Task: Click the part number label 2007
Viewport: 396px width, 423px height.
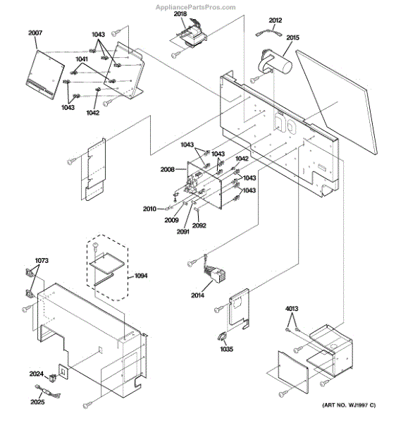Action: [x=35, y=33]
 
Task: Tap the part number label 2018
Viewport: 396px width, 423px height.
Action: [x=180, y=14]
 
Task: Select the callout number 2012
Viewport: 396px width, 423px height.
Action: [x=276, y=20]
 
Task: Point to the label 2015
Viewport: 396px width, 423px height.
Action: [x=292, y=37]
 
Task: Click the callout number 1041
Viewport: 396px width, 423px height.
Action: [x=82, y=59]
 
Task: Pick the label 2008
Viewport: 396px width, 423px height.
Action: [x=168, y=169]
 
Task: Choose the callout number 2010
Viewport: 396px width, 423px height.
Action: [x=149, y=209]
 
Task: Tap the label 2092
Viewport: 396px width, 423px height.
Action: [x=199, y=226]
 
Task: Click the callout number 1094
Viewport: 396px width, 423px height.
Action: [x=141, y=276]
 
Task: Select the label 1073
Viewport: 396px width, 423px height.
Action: [x=42, y=261]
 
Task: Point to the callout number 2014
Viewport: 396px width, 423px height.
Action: [x=197, y=295]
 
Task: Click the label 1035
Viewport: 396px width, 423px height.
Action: [x=226, y=349]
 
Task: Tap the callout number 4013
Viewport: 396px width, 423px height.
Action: [x=292, y=309]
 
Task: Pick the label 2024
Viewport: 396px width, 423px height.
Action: [x=37, y=374]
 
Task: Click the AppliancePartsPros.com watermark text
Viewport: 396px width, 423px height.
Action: [x=196, y=7]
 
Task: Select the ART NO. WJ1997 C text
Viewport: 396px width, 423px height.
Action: [x=349, y=405]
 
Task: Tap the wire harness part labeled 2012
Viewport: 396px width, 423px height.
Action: [x=268, y=34]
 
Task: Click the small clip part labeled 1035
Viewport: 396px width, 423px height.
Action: [x=222, y=336]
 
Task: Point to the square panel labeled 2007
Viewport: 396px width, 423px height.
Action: [x=45, y=74]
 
